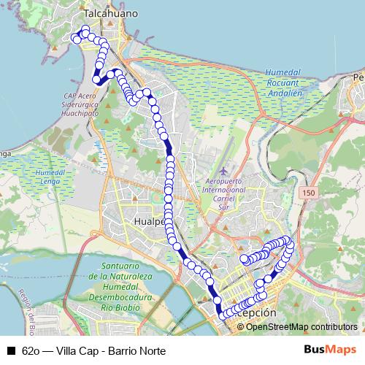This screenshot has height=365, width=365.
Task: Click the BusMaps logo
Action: [331, 350]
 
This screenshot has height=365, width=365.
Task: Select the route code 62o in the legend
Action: [31, 350]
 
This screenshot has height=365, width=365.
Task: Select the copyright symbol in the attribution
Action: [242, 326]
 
